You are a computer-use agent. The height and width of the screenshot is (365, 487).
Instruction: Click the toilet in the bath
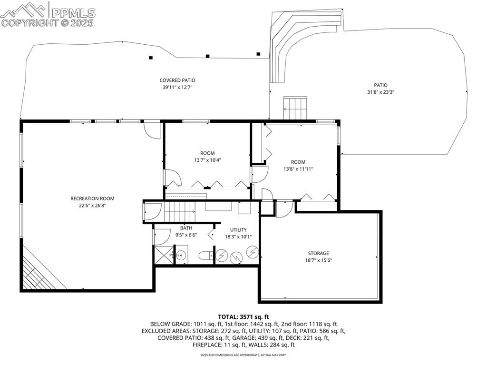coord(205,256)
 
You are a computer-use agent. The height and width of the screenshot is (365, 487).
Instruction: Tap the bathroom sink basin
coord(181,255)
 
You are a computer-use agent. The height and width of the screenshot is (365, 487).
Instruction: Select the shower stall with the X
coord(163,255)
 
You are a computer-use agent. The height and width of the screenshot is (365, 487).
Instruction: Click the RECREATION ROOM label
coord(92,198)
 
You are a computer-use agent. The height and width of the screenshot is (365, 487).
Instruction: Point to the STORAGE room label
coord(317,253)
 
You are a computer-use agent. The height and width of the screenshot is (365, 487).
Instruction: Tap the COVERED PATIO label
coord(177,80)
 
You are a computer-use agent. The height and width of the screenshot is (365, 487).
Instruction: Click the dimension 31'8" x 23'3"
coord(377,92)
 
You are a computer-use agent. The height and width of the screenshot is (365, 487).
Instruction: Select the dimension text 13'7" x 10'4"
coord(207,160)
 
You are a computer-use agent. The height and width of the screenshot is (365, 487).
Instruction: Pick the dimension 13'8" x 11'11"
coord(298,169)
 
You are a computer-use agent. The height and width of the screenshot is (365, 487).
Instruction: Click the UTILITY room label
coord(238,230)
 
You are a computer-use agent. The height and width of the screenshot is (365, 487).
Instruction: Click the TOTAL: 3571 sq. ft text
coord(243,316)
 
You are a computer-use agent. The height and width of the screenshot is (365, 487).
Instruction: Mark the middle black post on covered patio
coord(207,56)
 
